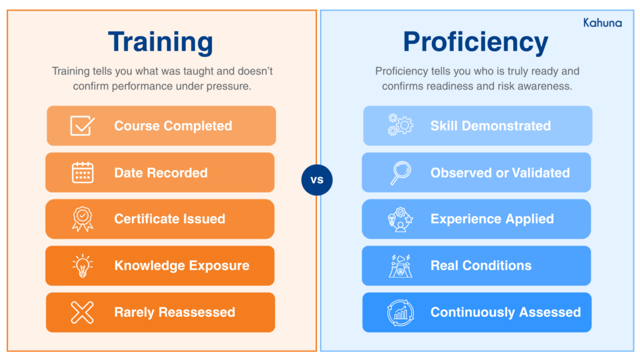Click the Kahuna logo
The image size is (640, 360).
point(602,22)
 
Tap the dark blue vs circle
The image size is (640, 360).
point(317,181)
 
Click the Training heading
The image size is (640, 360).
point(161,42)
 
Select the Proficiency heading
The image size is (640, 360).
point(476,42)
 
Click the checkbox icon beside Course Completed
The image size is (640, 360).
point(82,126)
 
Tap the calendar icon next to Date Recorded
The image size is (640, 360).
point(82,172)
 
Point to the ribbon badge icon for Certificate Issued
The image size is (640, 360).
point(82,219)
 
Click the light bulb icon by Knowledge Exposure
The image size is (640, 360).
point(82,266)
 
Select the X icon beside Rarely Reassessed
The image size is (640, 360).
point(82,312)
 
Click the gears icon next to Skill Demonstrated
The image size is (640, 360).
point(400,126)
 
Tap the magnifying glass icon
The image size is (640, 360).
point(400,172)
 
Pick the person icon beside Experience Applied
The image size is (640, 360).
point(400,219)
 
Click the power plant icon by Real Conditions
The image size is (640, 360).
point(400,266)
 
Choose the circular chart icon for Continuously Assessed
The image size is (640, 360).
point(400,312)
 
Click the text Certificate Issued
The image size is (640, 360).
point(169,219)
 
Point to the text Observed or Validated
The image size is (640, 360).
point(500,173)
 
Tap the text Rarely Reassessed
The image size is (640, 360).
point(174,312)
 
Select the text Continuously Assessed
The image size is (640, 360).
point(506,312)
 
